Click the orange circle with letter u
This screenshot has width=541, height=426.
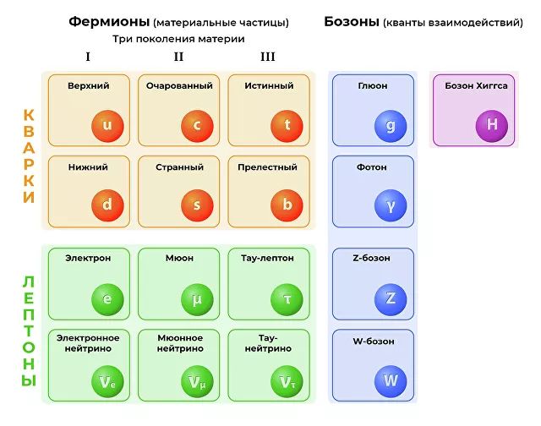107,126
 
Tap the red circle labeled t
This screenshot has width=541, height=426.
287,126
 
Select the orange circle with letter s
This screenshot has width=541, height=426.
197,205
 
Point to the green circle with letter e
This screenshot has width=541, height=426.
107,299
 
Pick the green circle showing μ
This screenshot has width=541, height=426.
197,299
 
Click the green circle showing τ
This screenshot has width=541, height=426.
287,299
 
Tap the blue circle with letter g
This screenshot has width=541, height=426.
391,126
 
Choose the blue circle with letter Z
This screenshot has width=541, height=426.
391,299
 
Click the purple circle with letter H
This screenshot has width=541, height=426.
491,126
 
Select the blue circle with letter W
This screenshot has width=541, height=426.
391,380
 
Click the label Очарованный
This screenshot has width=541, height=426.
178,86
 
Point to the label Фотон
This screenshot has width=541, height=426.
373,167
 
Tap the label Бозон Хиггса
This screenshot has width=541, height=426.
476,86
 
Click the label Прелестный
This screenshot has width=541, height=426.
269,167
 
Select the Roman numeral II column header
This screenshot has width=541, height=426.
178,57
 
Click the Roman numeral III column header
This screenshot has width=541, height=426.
268,57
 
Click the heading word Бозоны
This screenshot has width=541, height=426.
352,22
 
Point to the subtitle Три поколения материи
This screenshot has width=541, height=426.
178,39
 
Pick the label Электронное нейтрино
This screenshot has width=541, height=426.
89,343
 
